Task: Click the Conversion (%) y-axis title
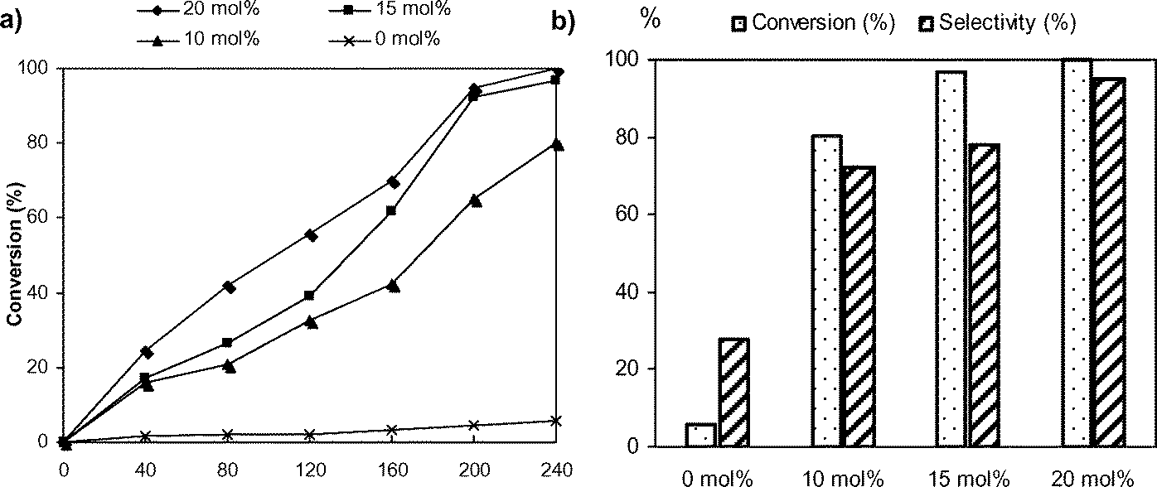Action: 14,255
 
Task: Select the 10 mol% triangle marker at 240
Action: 557,145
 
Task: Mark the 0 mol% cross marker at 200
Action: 474,426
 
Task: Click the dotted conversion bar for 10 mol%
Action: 826,291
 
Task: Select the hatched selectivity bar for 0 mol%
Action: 733,393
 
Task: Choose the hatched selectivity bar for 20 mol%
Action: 1108,263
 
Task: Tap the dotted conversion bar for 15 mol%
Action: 951,258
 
